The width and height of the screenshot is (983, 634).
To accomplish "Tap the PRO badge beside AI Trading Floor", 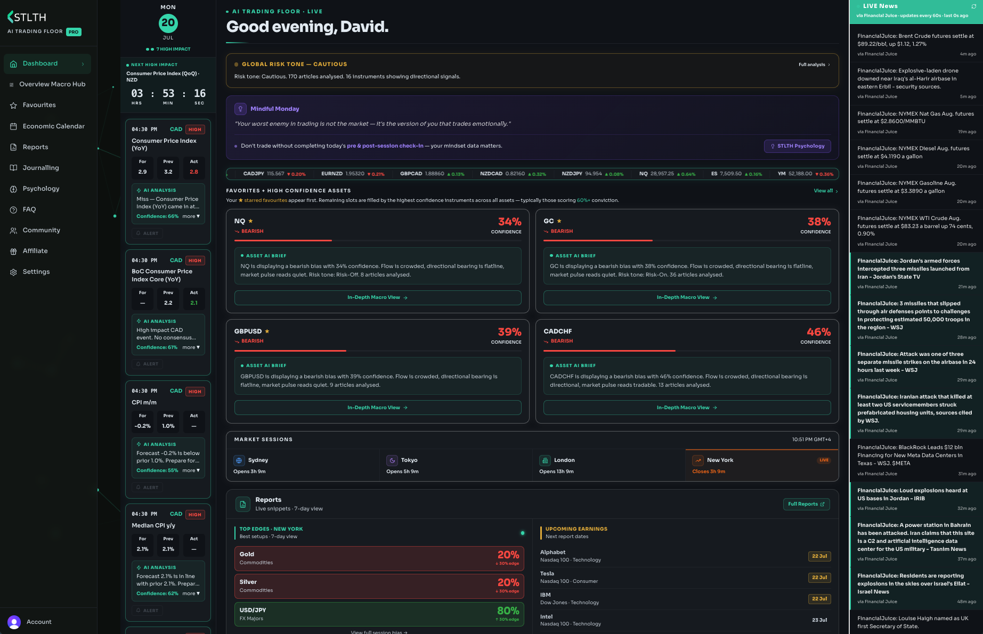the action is (74, 32).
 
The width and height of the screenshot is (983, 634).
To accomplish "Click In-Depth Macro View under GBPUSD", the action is (378, 408).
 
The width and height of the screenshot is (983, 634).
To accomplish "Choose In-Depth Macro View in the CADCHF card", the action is (687, 408).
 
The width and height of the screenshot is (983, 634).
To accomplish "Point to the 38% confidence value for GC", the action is (819, 222).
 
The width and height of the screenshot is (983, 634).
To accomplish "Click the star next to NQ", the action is (250, 221).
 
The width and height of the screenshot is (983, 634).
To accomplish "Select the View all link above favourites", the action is (825, 191).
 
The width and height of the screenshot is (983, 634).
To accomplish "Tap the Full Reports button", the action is (806, 504).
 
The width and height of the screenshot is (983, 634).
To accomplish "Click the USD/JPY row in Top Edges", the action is (379, 614).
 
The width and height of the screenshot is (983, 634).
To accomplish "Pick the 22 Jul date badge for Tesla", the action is (819, 578).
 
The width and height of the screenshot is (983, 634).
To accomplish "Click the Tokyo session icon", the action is (392, 460).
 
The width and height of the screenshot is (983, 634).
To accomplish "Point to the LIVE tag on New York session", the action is (824, 460).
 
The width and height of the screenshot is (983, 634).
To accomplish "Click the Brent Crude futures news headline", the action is (915, 40).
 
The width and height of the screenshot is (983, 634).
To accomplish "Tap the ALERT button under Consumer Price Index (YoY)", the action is (148, 233).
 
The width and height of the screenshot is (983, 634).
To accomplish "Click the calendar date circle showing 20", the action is (168, 23).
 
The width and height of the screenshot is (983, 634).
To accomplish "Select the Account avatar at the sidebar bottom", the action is (14, 622).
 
